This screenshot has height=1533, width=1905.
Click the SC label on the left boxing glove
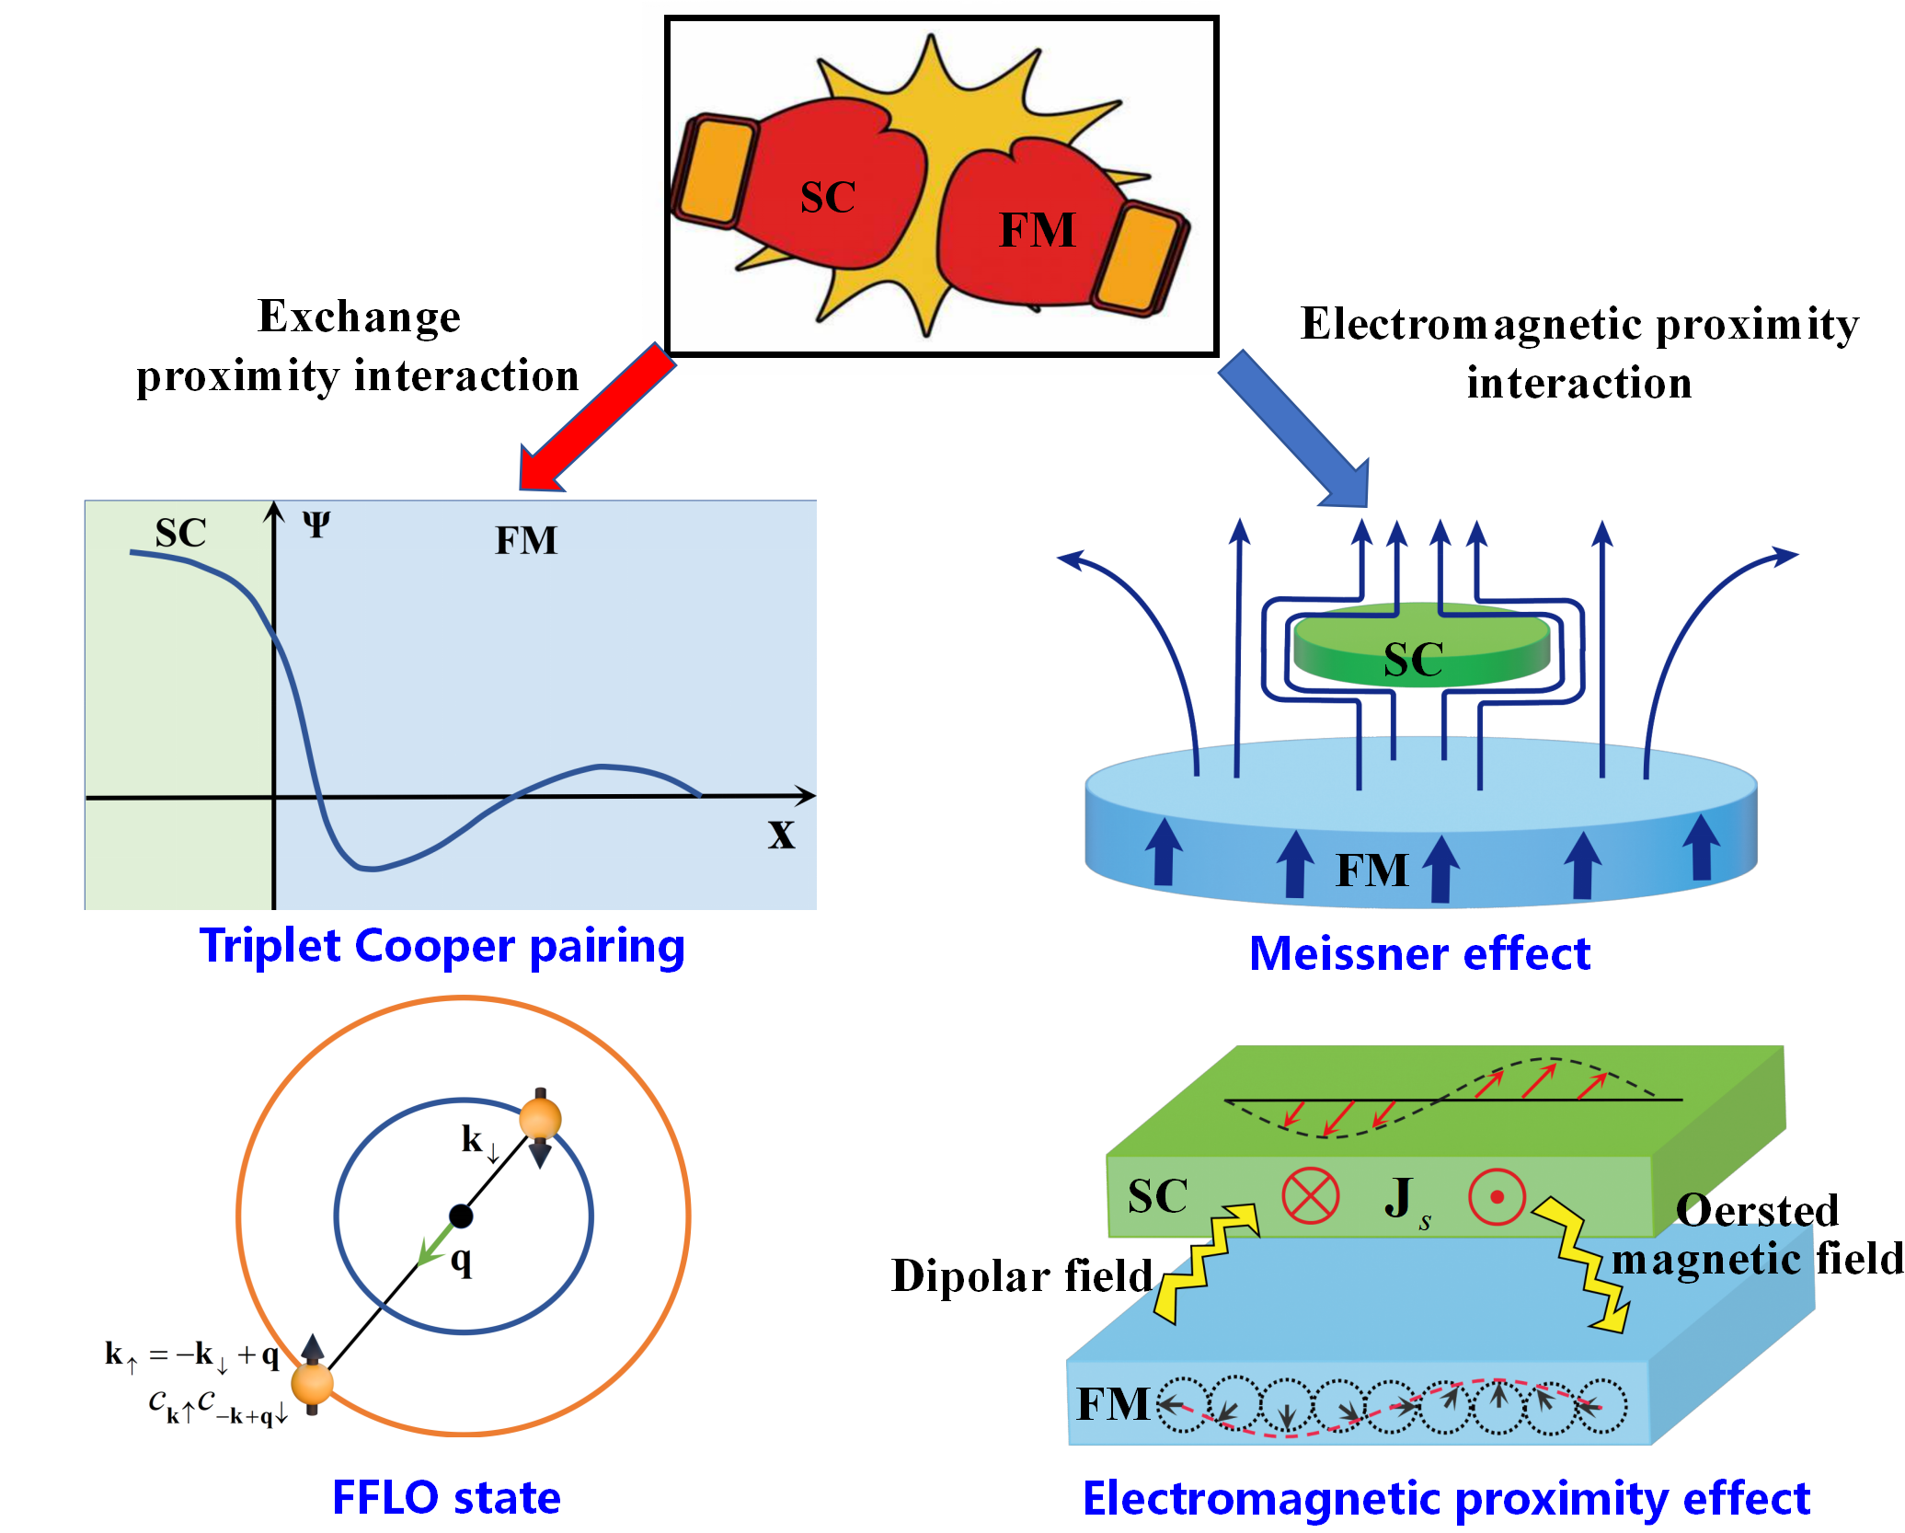pyautogui.click(x=828, y=197)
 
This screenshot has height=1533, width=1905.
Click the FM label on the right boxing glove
pyautogui.click(x=1037, y=230)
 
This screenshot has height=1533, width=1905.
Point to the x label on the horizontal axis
pyautogui.click(x=781, y=834)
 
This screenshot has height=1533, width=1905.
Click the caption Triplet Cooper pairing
pyautogui.click(x=442, y=946)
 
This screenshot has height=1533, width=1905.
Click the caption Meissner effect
pyautogui.click(x=1419, y=953)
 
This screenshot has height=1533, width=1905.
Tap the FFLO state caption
pyautogui.click(x=446, y=1497)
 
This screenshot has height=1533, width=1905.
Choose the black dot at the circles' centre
pyautogui.click(x=461, y=1216)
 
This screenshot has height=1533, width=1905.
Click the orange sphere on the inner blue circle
pyautogui.click(x=540, y=1119)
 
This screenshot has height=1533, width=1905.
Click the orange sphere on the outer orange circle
pyautogui.click(x=312, y=1383)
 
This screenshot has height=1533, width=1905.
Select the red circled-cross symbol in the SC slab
pyautogui.click(x=1310, y=1196)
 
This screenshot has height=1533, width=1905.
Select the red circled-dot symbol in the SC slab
pyautogui.click(x=1497, y=1197)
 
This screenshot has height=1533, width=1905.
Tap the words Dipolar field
pyautogui.click(x=1021, y=1276)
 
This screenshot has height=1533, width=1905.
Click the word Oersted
pyautogui.click(x=1757, y=1210)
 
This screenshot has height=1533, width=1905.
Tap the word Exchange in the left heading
pyautogui.click(x=359, y=317)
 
